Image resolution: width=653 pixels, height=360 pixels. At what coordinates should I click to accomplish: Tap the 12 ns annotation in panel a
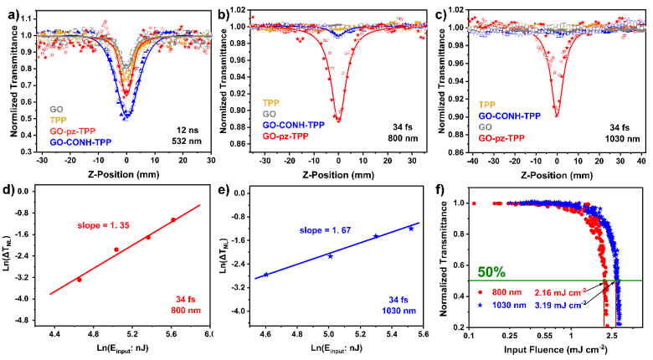click(x=173, y=128)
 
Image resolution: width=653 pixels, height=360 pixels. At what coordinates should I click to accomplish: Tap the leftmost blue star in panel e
click(x=265, y=274)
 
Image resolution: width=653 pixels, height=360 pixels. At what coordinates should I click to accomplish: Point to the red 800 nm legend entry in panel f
click(x=502, y=293)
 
